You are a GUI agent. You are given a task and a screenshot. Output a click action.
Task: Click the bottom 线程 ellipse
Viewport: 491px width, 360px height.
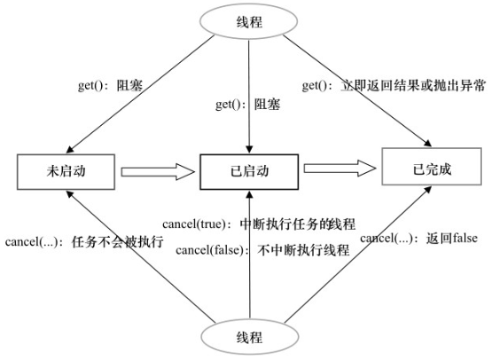pyautogui.click(x=246, y=338)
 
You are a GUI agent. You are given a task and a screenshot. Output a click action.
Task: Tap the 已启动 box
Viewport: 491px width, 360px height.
pyautogui.click(x=248, y=169)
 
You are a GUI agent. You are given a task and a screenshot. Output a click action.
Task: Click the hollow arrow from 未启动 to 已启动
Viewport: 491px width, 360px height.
pyautogui.click(x=156, y=169)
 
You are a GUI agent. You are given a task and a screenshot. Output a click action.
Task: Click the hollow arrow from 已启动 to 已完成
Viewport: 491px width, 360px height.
pyautogui.click(x=341, y=168)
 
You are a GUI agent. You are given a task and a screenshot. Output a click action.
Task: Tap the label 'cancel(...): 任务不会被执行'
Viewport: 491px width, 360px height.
pyautogui.click(x=84, y=241)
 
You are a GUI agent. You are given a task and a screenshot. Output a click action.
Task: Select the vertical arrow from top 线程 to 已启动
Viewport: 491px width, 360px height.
pyautogui.click(x=249, y=124)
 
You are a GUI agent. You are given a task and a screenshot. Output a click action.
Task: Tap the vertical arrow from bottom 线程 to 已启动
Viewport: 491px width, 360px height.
pyautogui.click(x=249, y=284)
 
